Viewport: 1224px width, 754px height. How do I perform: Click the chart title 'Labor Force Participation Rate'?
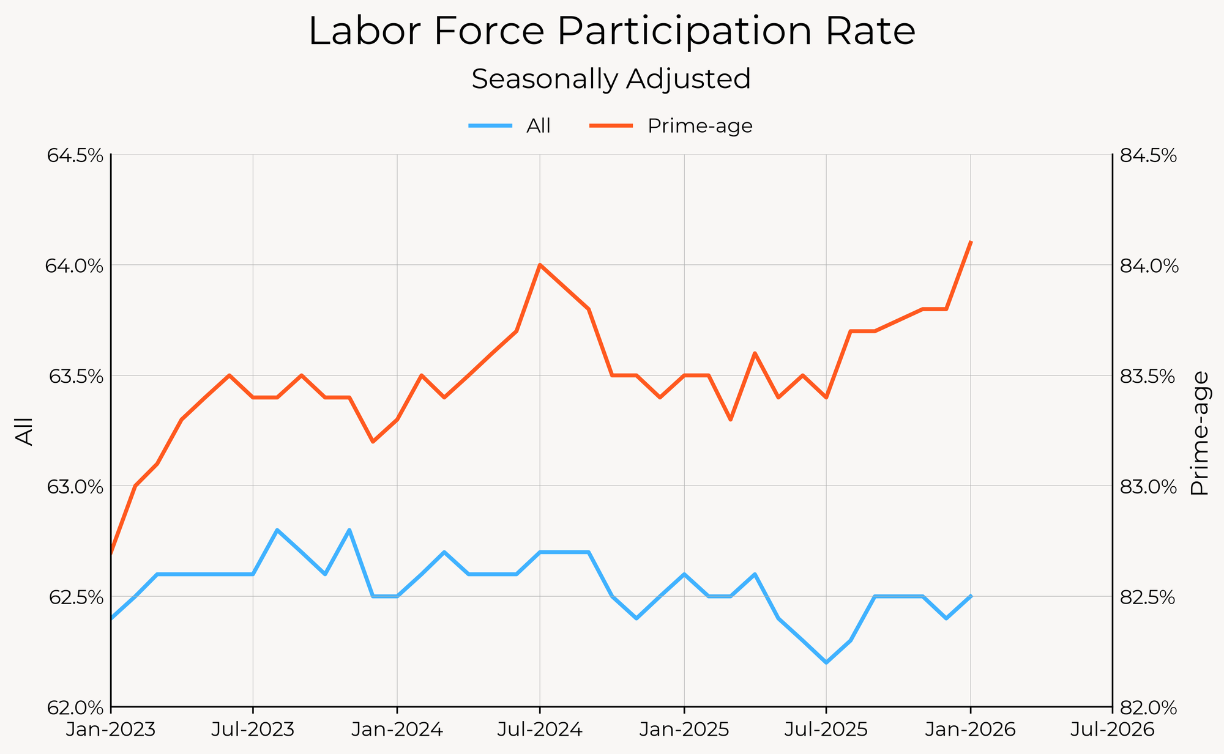[611, 32]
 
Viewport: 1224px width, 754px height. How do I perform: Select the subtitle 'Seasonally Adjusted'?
[611, 79]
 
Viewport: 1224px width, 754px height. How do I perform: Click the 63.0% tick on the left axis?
[75, 487]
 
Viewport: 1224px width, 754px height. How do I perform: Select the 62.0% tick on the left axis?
[75, 708]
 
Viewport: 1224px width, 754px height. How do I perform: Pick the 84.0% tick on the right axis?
[1148, 266]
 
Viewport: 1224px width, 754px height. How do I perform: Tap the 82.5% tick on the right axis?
[1148, 597]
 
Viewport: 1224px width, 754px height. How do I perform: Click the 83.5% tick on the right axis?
[1148, 376]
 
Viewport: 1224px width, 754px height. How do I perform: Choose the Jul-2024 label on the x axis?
[540, 730]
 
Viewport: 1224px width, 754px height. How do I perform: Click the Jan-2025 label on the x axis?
[684, 730]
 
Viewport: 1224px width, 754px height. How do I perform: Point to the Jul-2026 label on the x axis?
[1111, 730]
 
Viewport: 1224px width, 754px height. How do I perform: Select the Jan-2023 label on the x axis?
[111, 730]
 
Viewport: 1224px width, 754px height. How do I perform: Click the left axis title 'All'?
[24, 431]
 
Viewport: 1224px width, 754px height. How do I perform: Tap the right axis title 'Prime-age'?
[1200, 432]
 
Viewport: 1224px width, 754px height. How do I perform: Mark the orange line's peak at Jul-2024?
[540, 265]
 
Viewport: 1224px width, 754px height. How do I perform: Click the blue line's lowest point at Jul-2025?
[826, 662]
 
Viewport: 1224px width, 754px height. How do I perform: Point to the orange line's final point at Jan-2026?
[971, 243]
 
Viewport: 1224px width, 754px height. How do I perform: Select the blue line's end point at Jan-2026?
[971, 596]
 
